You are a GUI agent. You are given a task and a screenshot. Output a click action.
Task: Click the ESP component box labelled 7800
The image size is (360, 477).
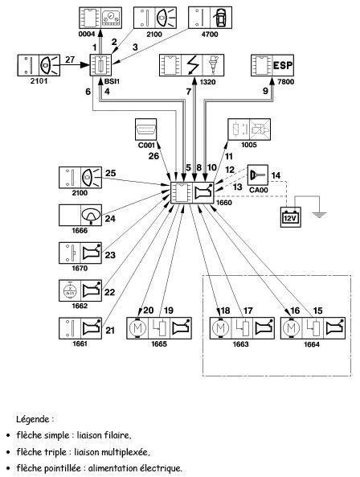point(272,65)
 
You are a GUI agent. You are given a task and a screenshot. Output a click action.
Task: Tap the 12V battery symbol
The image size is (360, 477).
point(290,217)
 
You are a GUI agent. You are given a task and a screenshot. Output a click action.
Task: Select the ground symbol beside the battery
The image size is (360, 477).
point(319,215)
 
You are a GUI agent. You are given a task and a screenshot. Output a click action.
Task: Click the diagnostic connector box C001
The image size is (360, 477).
point(145,130)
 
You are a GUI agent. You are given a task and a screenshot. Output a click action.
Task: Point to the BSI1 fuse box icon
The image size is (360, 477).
point(101,65)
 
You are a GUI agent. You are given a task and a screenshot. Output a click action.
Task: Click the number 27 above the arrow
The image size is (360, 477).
point(70,60)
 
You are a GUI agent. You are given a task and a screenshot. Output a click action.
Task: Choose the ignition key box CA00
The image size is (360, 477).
point(258,175)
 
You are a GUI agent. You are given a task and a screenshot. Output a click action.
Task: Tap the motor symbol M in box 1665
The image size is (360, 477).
point(137,328)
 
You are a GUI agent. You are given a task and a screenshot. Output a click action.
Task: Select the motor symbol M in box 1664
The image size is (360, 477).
point(291,328)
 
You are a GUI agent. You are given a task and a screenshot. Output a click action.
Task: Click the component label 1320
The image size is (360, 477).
point(208,82)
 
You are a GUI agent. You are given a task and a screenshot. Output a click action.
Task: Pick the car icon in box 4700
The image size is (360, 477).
point(221,18)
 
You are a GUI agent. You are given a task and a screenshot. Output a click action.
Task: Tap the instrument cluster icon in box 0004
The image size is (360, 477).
point(111,18)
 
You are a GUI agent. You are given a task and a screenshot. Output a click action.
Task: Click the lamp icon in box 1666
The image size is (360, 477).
point(91,216)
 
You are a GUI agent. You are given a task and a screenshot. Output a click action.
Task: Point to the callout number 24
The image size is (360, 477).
point(110,219)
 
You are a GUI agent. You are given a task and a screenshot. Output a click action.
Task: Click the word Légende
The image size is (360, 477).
point(33,419)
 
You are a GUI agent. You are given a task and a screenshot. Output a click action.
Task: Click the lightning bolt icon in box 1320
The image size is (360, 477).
point(192,65)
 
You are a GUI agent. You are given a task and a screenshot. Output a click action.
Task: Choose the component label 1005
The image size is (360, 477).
point(249,145)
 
